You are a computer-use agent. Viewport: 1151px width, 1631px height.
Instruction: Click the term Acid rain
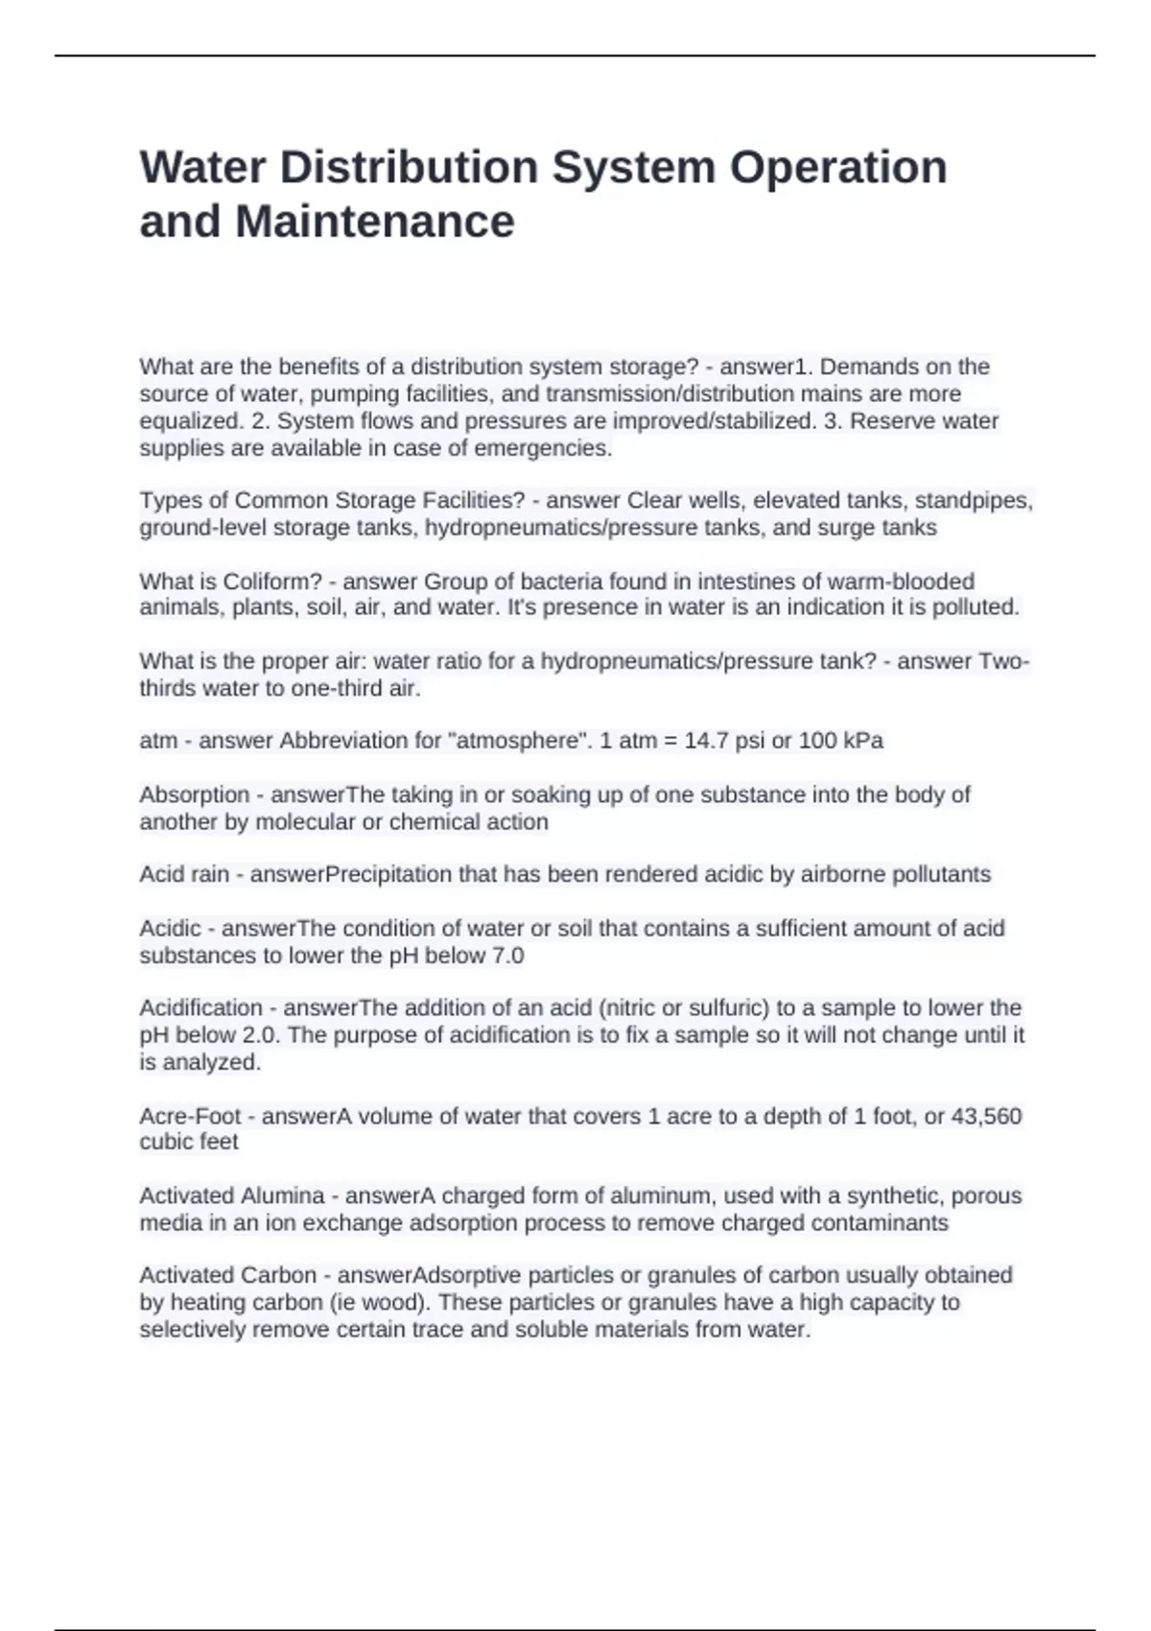[184, 874]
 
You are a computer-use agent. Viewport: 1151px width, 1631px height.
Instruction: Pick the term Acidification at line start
[200, 1007]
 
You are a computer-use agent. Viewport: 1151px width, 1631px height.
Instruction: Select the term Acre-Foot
[190, 1116]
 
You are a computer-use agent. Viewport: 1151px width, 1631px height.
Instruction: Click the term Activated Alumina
[232, 1195]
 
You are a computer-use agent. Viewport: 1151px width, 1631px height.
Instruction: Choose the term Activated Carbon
[227, 1275]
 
